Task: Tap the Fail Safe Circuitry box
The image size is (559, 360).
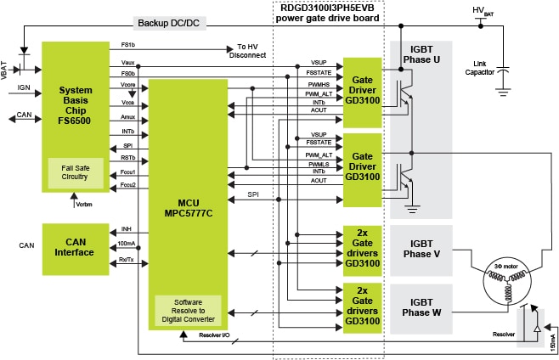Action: [75, 173]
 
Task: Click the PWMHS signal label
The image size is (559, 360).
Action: [319, 83]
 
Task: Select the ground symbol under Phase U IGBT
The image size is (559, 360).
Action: [412, 205]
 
